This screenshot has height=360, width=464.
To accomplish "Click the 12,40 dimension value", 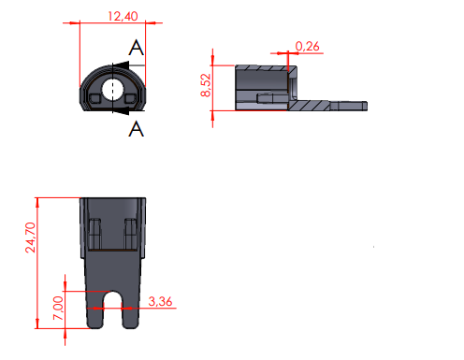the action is point(123,16).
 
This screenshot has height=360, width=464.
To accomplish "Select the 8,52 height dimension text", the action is point(206,85).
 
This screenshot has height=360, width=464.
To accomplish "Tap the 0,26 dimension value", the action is point(307,47).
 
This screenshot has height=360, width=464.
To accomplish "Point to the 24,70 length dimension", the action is point(31,238).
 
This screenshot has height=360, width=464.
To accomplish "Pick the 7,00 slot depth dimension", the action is point(58,308).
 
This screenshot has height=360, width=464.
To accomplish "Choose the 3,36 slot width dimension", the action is point(160,301).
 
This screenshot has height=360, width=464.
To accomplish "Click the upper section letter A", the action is point(137,48).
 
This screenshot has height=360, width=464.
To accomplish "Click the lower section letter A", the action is point(137,129).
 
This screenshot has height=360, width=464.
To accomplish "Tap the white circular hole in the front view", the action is point(113,89).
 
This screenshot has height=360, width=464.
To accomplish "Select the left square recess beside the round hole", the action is point(94,99).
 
